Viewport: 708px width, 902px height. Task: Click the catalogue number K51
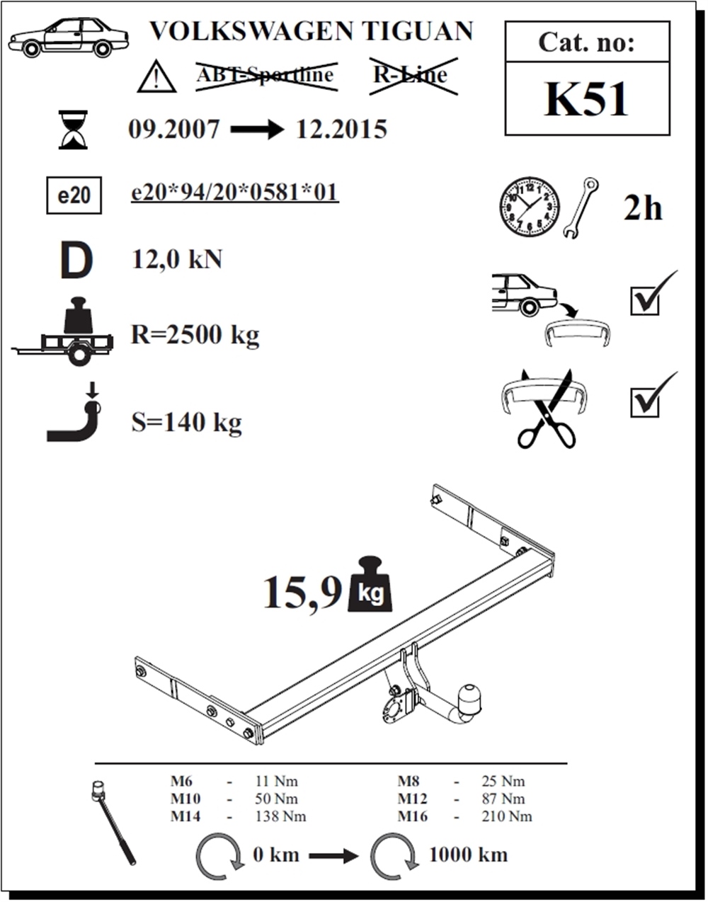[x=586, y=100]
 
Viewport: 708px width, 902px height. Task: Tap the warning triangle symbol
[x=157, y=76]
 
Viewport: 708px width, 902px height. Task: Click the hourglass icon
[x=73, y=130]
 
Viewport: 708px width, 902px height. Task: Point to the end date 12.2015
[x=341, y=129]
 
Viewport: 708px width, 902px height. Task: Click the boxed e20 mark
[x=74, y=195]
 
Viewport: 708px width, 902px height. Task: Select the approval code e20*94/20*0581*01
[x=235, y=192]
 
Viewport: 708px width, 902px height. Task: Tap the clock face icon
[x=529, y=207]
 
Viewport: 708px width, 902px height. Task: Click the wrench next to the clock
[x=580, y=208]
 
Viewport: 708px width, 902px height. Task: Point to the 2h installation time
[x=643, y=208]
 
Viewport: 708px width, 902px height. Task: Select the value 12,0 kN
[x=177, y=260]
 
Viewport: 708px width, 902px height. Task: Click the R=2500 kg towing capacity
[x=195, y=335]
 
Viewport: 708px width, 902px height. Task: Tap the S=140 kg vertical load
[x=186, y=423]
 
